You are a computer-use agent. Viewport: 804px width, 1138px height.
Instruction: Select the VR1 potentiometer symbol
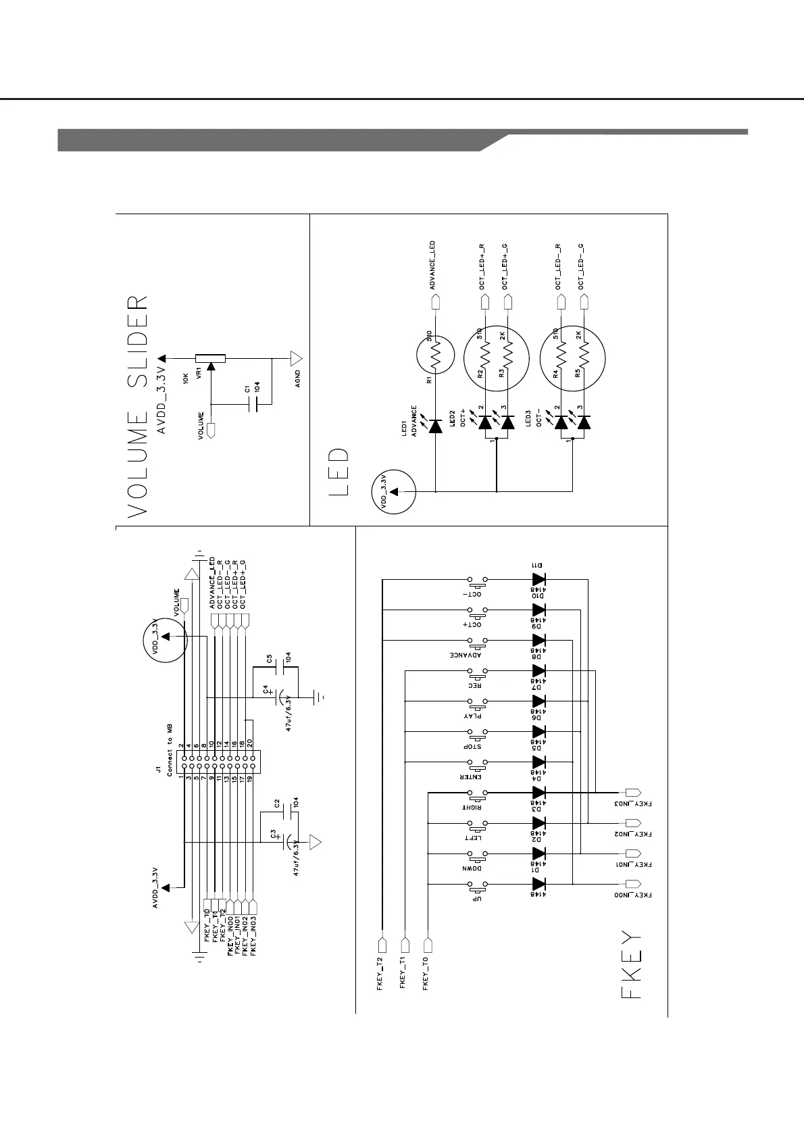[210, 359]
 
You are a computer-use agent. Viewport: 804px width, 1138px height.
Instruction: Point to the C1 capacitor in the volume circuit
[255, 404]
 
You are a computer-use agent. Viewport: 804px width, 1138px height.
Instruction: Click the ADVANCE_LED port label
[432, 265]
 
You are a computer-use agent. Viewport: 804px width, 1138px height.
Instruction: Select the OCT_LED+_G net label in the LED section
[505, 266]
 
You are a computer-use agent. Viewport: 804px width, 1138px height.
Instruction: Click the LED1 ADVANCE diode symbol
[436, 424]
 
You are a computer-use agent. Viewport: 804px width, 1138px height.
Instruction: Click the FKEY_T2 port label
[380, 971]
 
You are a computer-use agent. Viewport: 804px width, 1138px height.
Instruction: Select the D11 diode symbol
[538, 579]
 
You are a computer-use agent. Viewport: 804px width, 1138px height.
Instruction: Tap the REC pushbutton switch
[478, 671]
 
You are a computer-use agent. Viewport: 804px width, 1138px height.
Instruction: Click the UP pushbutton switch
[478, 884]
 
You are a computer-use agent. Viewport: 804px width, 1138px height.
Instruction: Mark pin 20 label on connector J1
[250, 741]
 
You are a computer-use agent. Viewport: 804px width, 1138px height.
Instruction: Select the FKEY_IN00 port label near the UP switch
[633, 895]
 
